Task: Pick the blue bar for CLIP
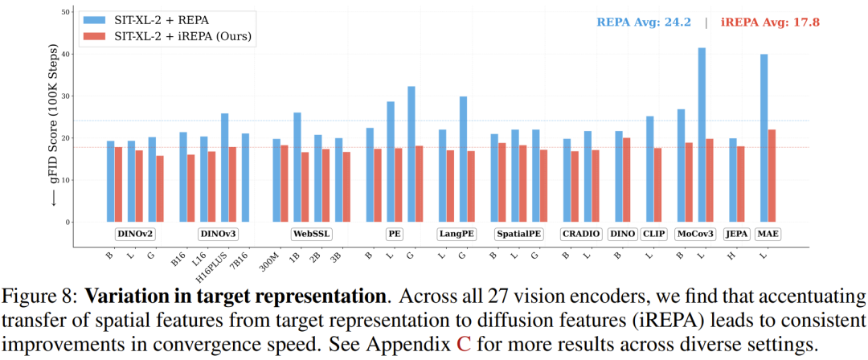pyautogui.click(x=649, y=169)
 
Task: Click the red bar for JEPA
pyautogui.click(x=741, y=184)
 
